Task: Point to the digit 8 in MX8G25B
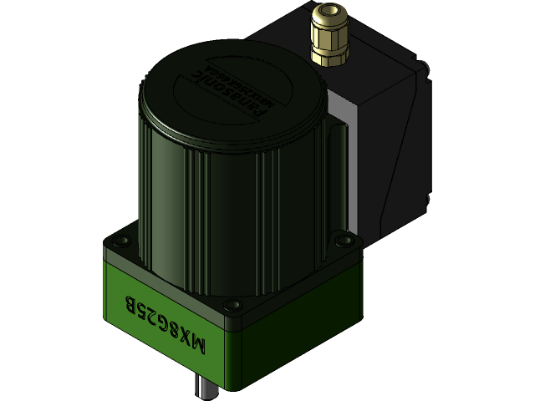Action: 176,326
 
